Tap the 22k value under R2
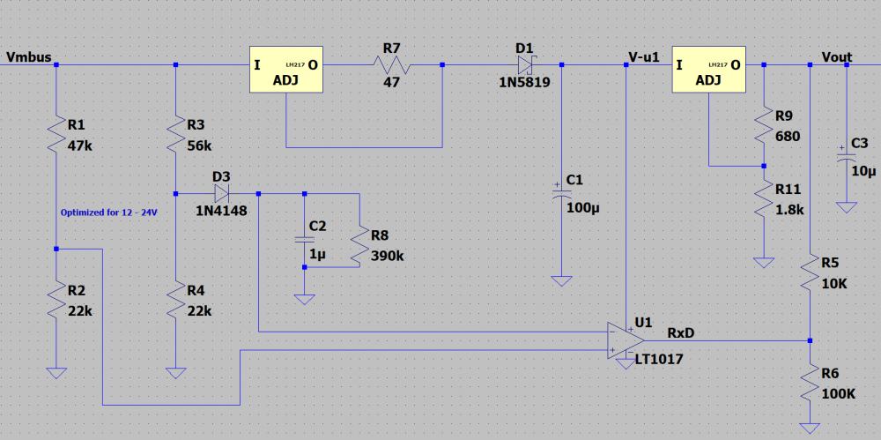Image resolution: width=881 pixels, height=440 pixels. tap(78, 310)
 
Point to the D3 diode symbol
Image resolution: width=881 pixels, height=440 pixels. tap(220, 192)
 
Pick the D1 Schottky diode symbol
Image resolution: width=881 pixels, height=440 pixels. tap(525, 64)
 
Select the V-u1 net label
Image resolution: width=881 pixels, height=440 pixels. tap(644, 57)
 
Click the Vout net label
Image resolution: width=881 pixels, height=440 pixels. tap(837, 57)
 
